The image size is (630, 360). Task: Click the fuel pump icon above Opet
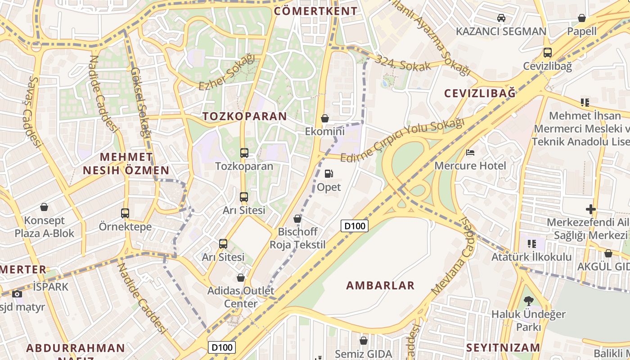click(x=329, y=174)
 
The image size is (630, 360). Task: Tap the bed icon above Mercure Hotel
click(x=470, y=153)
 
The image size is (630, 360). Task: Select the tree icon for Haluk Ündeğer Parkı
click(x=529, y=301)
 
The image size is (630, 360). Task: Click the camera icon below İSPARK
click(x=17, y=294)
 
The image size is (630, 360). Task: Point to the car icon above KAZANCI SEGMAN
click(x=501, y=18)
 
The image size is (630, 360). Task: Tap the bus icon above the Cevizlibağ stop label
click(x=547, y=53)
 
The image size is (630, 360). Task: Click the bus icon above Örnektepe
click(x=125, y=213)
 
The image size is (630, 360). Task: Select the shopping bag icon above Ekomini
click(x=324, y=118)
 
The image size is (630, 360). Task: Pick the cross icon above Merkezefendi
click(x=591, y=209)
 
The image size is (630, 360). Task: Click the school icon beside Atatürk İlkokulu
click(x=532, y=244)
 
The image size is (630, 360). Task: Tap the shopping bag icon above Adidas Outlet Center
click(x=241, y=278)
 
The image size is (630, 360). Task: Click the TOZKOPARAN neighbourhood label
click(x=244, y=116)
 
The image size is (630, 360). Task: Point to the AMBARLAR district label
click(x=380, y=285)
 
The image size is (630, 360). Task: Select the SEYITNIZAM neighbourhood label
click(x=503, y=347)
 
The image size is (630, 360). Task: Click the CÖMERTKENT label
click(x=315, y=11)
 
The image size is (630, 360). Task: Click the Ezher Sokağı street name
click(x=226, y=72)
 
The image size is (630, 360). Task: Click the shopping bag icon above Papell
click(x=581, y=18)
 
